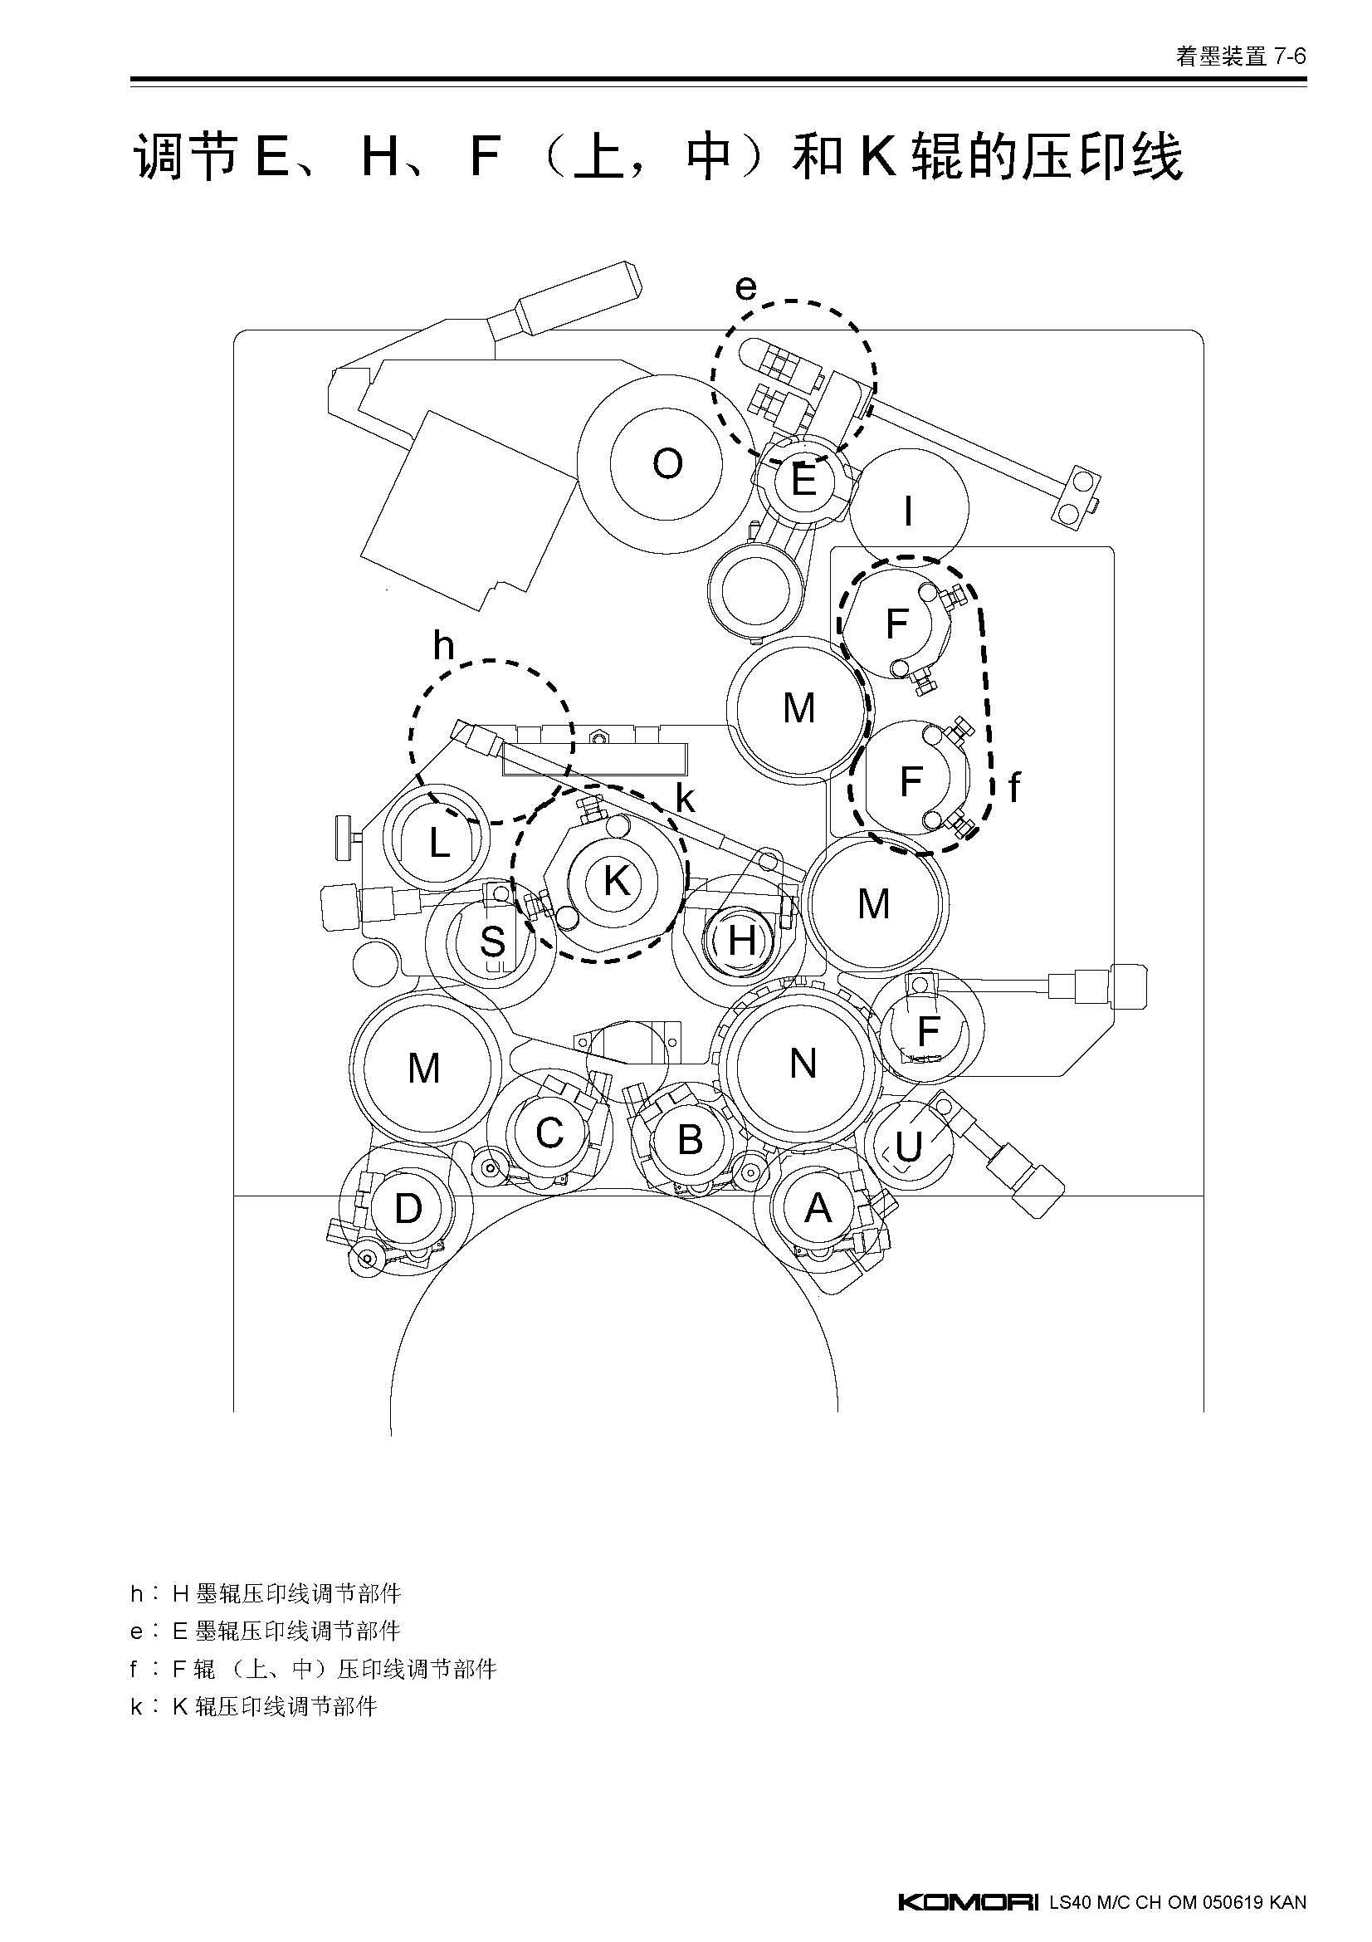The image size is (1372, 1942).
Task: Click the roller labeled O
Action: [667, 463]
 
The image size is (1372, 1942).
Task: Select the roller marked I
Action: [909, 510]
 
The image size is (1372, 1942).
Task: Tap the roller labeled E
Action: [803, 481]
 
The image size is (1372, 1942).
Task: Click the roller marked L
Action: [438, 841]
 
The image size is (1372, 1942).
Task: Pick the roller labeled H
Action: [740, 939]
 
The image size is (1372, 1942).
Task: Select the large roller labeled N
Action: [803, 1063]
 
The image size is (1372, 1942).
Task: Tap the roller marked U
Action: [909, 1146]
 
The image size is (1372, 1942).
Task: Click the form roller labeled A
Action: [817, 1209]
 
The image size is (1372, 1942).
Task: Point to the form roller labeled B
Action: [690, 1139]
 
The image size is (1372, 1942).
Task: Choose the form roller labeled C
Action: [549, 1132]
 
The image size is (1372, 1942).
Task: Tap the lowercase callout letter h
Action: [443, 645]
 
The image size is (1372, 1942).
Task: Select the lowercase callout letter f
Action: [1014, 787]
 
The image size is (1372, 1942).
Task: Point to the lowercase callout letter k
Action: [685, 799]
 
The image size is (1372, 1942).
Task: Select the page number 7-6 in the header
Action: [1290, 56]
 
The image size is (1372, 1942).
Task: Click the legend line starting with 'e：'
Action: [266, 1631]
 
